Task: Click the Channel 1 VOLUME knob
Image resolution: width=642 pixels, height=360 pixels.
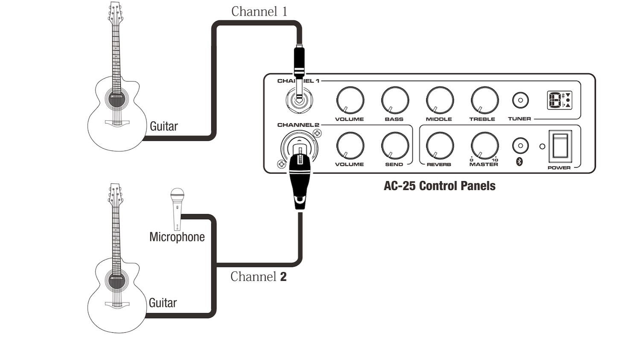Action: tap(350, 101)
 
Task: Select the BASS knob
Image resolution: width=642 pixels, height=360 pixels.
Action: tap(395, 101)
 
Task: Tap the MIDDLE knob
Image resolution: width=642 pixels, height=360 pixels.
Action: tap(440, 101)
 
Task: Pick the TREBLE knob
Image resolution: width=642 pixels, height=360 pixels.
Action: tap(484, 101)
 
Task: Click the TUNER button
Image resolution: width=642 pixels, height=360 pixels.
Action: tap(520, 101)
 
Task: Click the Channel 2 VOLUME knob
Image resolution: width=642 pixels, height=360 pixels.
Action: tap(350, 146)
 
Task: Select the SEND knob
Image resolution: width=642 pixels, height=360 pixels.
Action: tap(395, 146)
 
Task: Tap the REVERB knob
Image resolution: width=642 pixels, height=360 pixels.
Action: tap(440, 146)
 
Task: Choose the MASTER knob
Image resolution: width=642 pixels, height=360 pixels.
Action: tap(484, 146)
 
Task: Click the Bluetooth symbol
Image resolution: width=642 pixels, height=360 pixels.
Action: tap(519, 162)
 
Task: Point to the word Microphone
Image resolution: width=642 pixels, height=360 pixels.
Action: tap(177, 237)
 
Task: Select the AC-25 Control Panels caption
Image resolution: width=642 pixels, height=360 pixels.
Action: tap(440, 186)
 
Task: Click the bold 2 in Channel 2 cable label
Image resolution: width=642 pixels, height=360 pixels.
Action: tap(283, 277)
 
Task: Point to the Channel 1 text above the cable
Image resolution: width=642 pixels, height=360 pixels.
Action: tap(259, 12)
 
